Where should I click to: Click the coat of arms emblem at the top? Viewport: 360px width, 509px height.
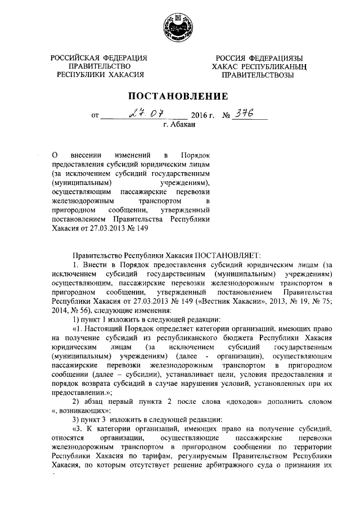tap(180, 25)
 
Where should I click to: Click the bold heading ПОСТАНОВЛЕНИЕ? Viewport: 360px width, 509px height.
tap(179, 96)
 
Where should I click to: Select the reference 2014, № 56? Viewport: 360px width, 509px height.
tap(67, 310)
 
